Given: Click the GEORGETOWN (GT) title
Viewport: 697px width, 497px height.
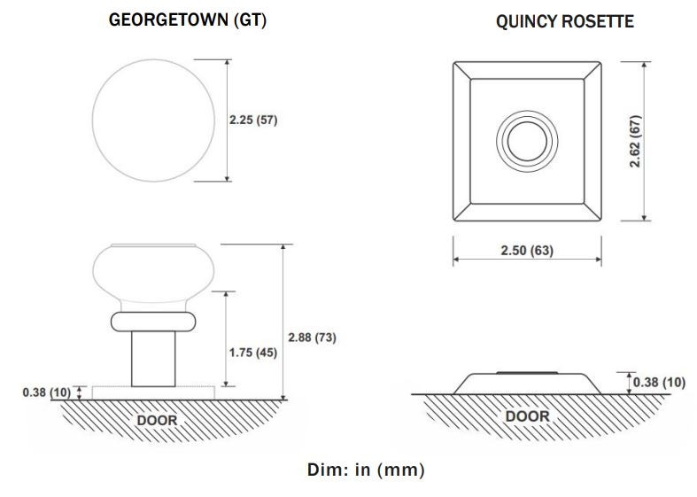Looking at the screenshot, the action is (188, 20).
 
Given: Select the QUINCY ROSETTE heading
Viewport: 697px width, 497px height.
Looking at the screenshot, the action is (565, 21).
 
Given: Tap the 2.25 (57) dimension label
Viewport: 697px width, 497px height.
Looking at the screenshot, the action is (253, 120).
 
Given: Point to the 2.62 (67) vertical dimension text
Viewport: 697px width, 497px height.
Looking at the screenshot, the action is (635, 141).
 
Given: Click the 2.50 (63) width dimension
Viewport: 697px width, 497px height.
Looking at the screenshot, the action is (527, 251).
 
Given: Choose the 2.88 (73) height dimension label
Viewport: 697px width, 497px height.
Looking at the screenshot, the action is (312, 338).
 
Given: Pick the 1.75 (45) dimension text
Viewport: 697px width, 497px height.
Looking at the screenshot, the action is (253, 353).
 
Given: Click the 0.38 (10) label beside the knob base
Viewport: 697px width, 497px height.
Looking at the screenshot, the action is (47, 392).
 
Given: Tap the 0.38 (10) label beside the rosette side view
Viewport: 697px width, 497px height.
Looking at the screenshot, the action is (659, 383).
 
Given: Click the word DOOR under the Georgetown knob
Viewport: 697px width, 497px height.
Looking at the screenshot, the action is (157, 420).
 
